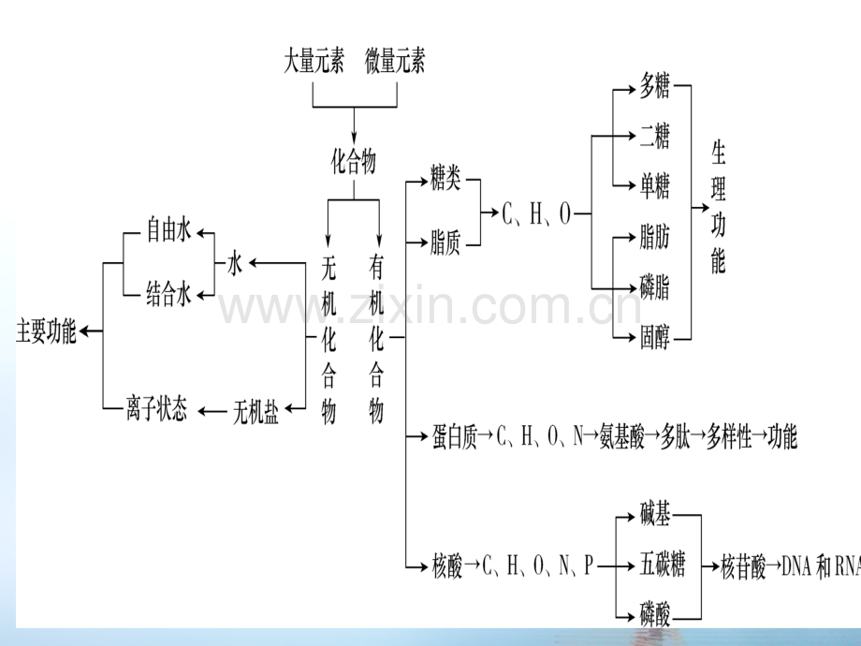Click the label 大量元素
(x=314, y=61)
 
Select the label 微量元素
(x=395, y=61)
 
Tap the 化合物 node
(x=354, y=161)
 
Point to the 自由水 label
(x=168, y=229)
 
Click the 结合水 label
(x=168, y=294)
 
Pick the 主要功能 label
(x=46, y=331)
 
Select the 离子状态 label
(x=156, y=409)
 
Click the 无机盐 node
(x=255, y=411)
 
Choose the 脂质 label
(x=445, y=242)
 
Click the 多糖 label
(x=654, y=86)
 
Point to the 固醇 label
(x=654, y=337)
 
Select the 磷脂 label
(x=654, y=286)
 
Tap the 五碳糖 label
(x=663, y=565)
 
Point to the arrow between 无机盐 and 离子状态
(x=212, y=411)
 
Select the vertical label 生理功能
(x=718, y=207)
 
